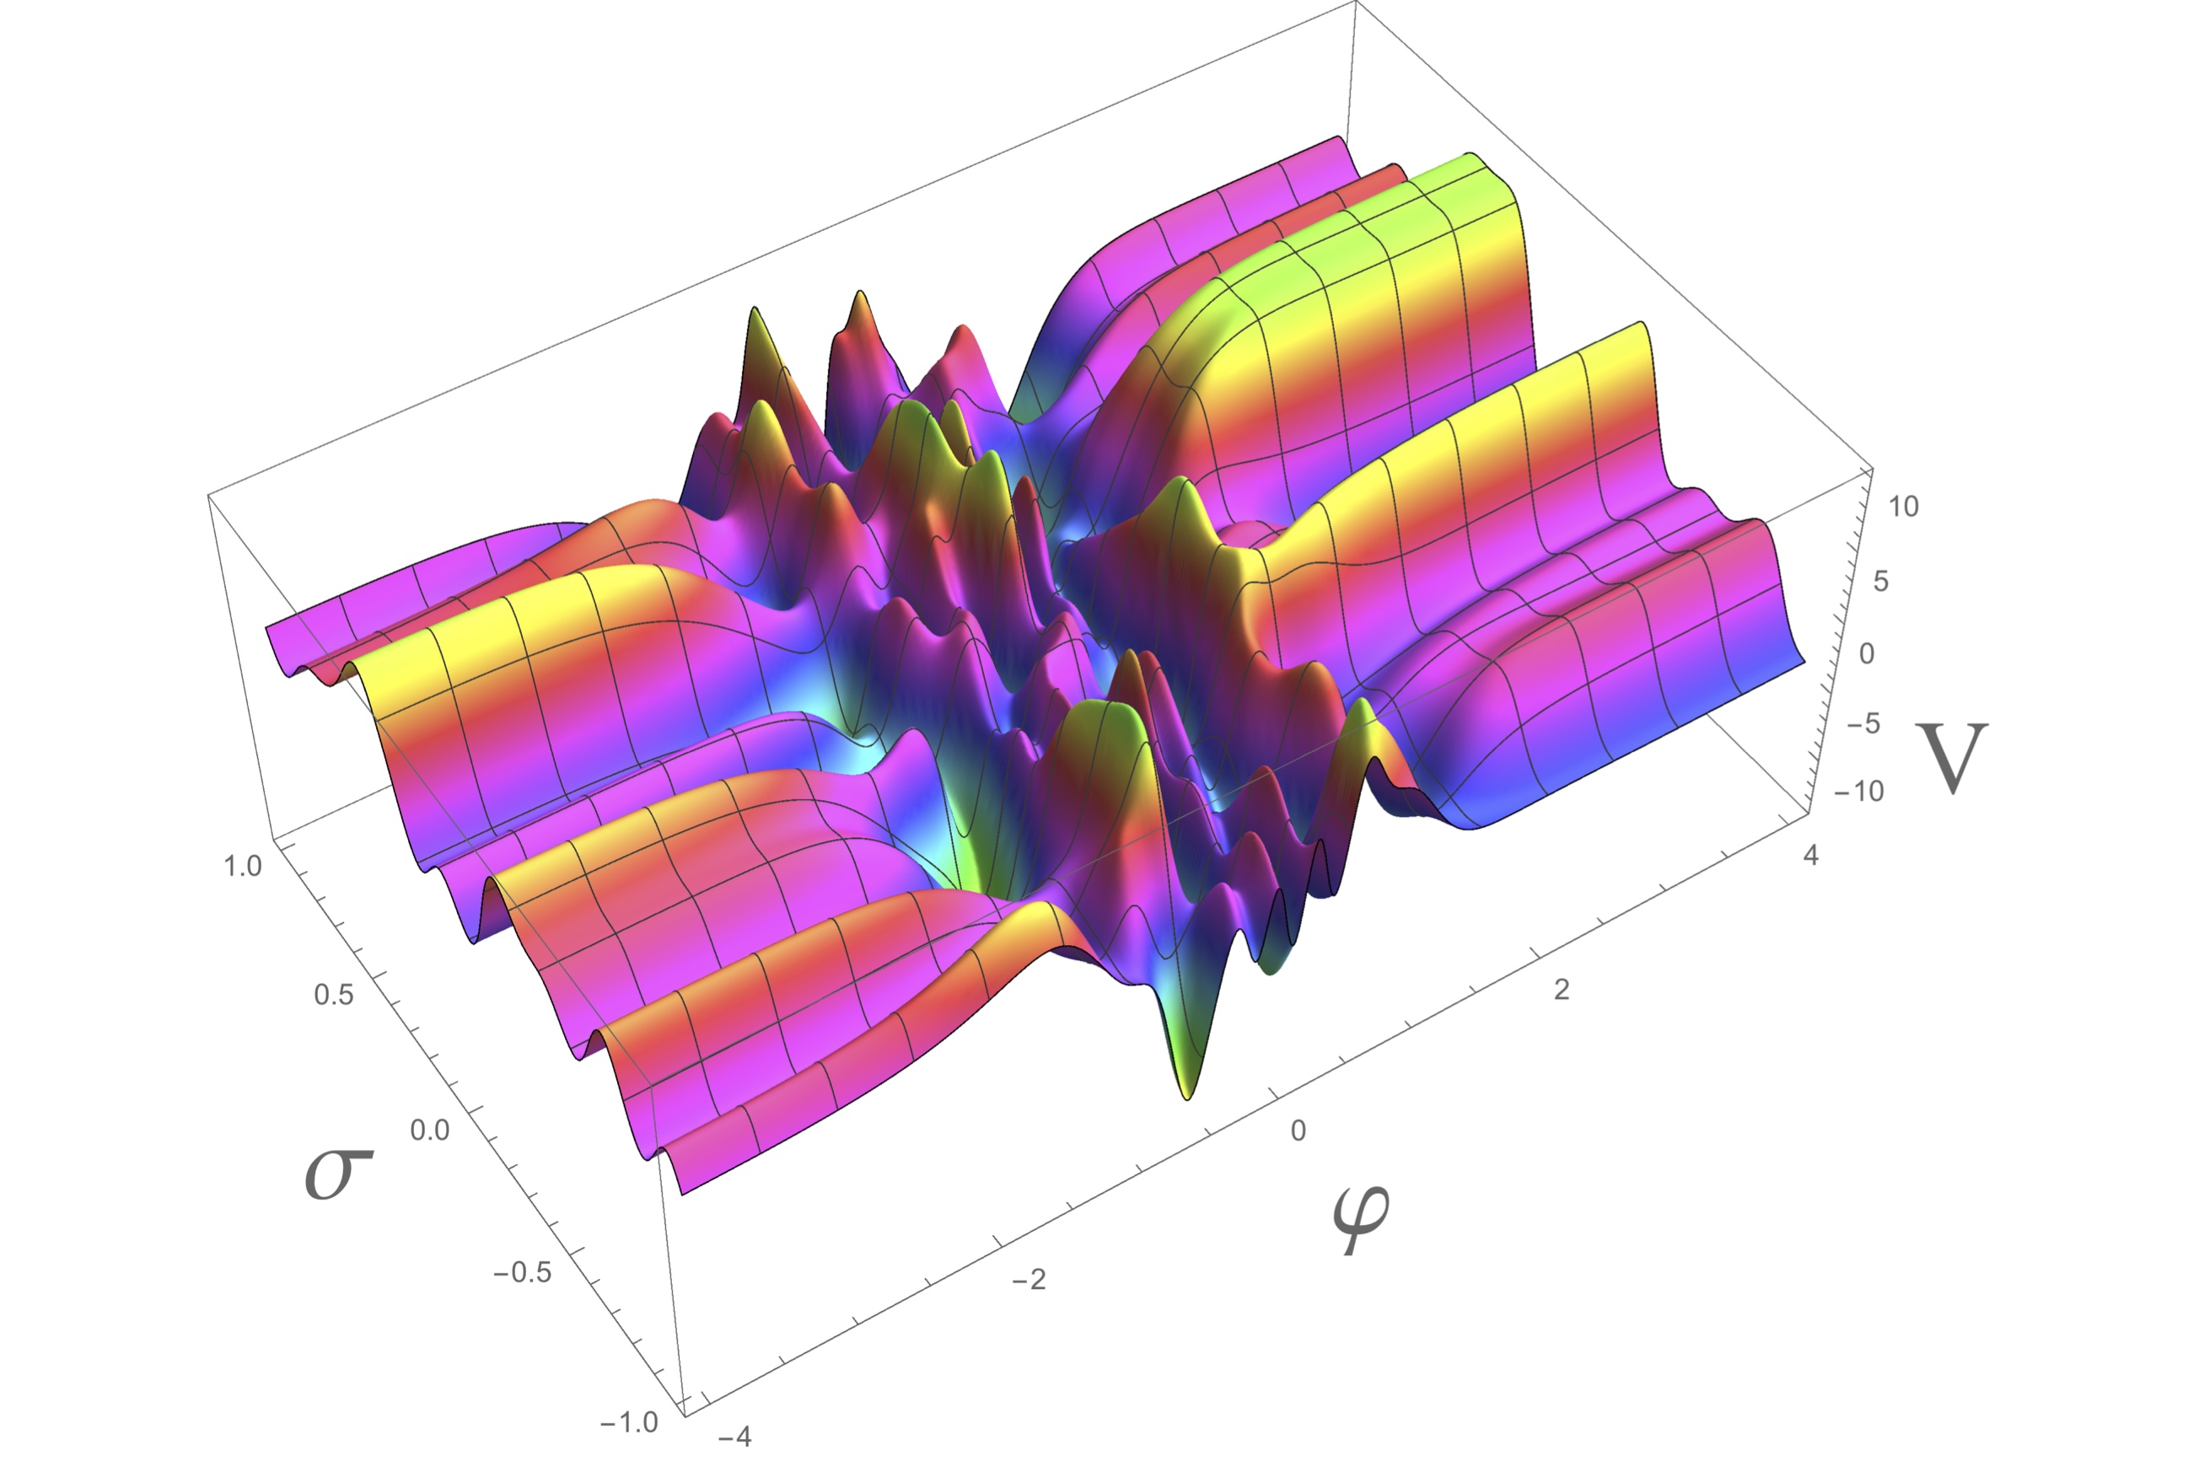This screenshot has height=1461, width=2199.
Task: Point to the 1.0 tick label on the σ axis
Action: coord(242,867)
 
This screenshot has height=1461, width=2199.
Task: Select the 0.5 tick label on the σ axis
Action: coord(334,995)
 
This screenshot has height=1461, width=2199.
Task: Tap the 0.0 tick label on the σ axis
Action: coord(429,1131)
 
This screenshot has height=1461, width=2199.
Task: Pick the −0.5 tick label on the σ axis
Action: coord(522,1273)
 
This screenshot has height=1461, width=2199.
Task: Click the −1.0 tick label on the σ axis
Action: coord(629,1423)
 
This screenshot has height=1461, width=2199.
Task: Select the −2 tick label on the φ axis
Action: coord(1029,1279)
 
